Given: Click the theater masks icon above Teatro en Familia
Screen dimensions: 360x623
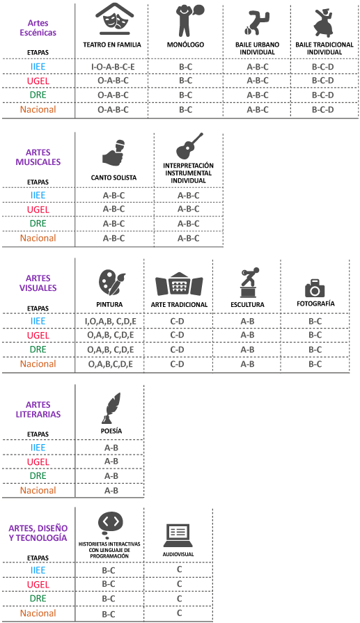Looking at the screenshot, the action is click(x=114, y=19).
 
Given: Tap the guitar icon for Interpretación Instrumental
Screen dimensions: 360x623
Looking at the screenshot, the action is click(x=189, y=145).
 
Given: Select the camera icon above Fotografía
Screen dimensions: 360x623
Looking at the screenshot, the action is click(x=315, y=288).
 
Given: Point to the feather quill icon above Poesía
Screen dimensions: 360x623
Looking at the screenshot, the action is click(x=111, y=409).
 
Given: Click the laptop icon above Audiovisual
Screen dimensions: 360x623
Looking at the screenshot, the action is click(x=178, y=535).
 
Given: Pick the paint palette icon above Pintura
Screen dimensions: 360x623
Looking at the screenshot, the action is click(x=111, y=283).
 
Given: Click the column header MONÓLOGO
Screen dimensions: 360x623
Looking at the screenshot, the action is click(x=185, y=45).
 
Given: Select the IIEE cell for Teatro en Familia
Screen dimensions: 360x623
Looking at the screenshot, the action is click(x=113, y=67).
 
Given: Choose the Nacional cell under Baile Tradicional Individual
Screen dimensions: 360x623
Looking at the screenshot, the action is click(x=322, y=110).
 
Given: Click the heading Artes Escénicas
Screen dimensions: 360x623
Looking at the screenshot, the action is click(x=38, y=28).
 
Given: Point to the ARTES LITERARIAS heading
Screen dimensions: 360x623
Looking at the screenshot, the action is click(x=38, y=409).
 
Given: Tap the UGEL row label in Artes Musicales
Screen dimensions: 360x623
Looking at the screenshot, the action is click(x=38, y=210).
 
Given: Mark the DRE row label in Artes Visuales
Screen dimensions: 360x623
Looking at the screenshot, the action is click(x=38, y=349).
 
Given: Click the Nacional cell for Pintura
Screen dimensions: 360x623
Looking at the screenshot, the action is click(x=111, y=364).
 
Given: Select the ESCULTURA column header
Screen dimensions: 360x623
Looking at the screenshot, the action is click(x=247, y=305).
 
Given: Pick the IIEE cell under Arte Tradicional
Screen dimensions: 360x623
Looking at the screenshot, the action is click(x=178, y=321).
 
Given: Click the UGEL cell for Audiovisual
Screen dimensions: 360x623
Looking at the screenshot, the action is click(x=179, y=584).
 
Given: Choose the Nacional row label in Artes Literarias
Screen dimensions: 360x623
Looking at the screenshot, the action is click(x=38, y=490).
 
